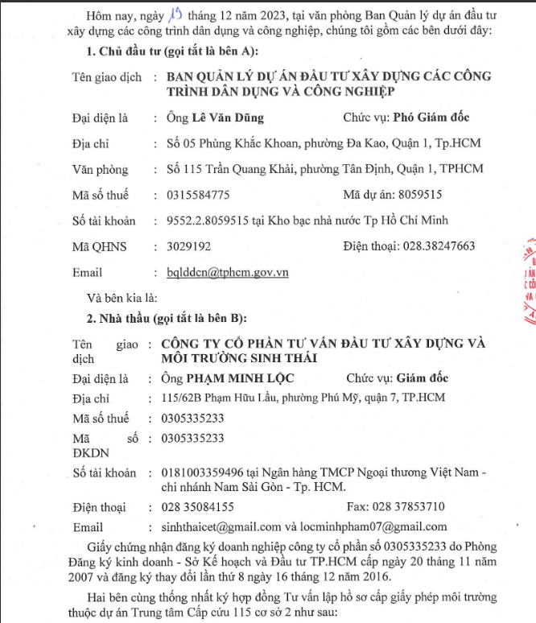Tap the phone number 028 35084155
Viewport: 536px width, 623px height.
197,507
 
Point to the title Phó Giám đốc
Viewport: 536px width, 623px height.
431,118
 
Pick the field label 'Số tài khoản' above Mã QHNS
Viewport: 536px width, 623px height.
104,221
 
